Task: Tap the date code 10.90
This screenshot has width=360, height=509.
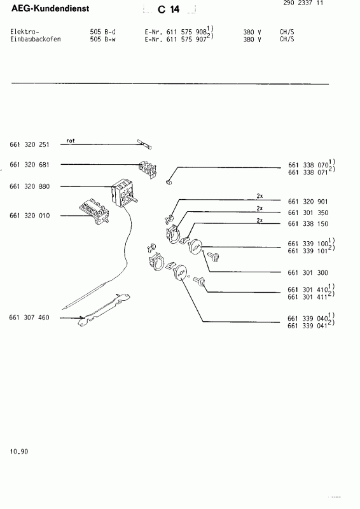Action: tap(19, 452)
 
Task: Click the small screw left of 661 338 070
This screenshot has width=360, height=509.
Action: tap(169, 182)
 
